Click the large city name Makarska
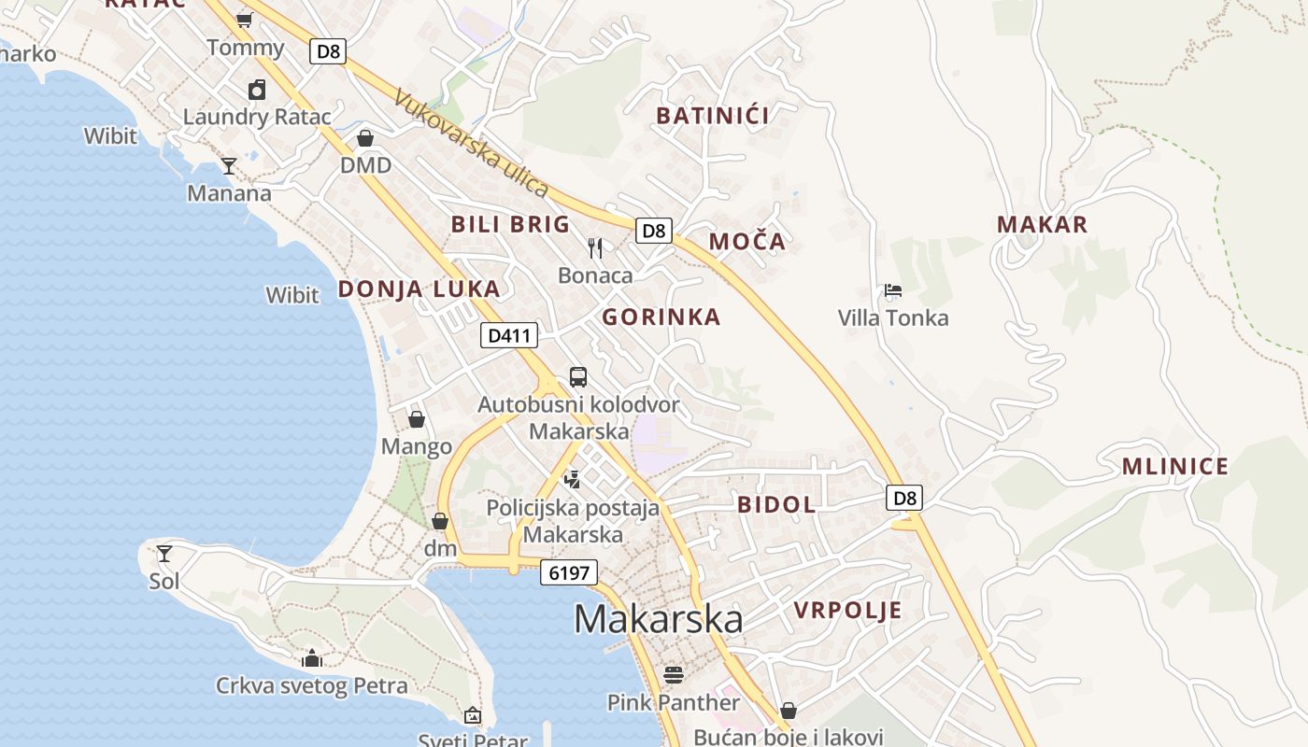click(659, 619)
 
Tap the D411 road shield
click(509, 335)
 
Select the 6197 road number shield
click(568, 572)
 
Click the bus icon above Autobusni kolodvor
click(578, 377)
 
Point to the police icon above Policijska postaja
click(573, 480)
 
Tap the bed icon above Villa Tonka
click(893, 290)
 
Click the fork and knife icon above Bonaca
click(595, 247)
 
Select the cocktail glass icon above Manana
click(229, 166)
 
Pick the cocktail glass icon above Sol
click(164, 554)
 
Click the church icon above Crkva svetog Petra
click(312, 658)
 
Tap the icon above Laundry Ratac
click(257, 90)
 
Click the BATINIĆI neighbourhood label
click(712, 116)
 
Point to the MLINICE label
click(1174, 467)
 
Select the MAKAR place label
click(1042, 224)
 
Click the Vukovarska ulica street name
click(471, 143)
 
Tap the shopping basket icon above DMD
click(365, 138)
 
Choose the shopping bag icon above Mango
click(417, 419)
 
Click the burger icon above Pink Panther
click(674, 674)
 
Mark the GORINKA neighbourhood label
click(661, 317)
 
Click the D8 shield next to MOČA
click(654, 230)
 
